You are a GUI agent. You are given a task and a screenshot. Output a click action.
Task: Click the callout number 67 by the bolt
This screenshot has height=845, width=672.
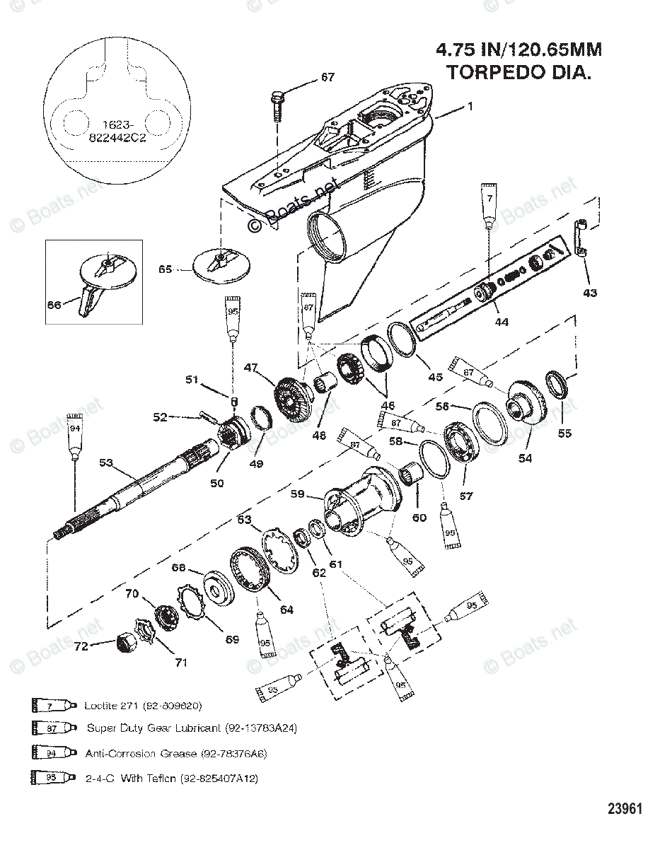328,77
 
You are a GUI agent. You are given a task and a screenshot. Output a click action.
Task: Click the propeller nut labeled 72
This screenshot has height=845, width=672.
126,642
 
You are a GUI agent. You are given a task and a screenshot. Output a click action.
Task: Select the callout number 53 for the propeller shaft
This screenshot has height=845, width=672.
106,462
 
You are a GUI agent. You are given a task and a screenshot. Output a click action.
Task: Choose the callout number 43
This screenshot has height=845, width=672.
589,293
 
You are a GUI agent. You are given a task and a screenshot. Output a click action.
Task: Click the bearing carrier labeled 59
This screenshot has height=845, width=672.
357,499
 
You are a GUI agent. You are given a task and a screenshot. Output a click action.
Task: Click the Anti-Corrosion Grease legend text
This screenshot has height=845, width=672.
176,753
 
